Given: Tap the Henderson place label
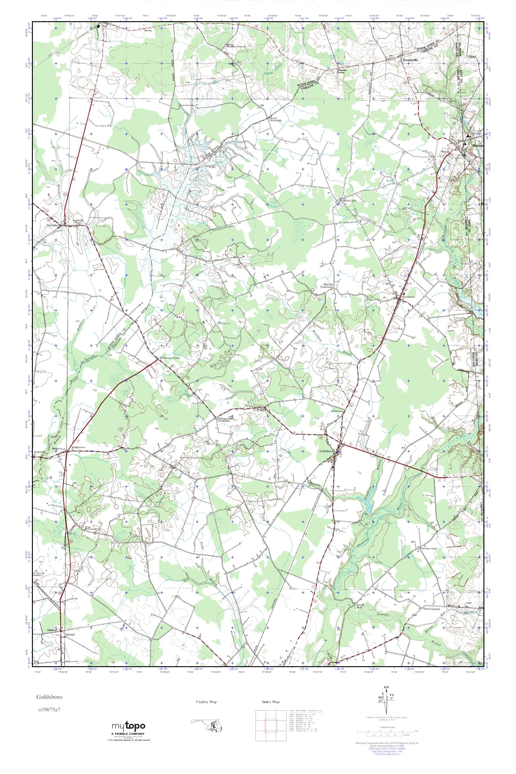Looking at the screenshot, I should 408,297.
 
